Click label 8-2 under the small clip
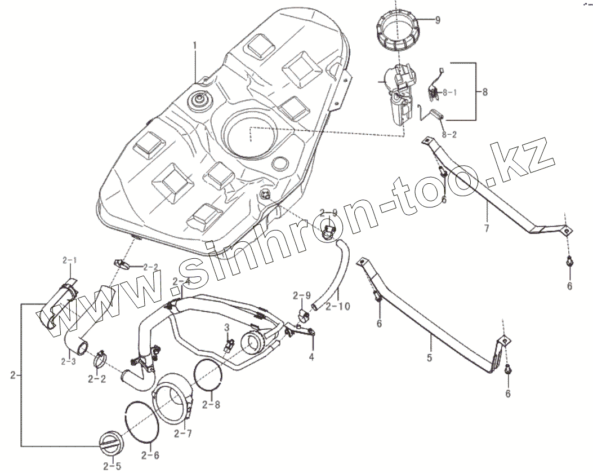click(449, 135)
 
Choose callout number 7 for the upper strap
click(486, 228)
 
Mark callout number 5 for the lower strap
click(429, 357)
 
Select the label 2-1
click(72, 260)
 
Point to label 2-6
click(150, 454)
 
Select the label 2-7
click(183, 434)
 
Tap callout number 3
click(226, 327)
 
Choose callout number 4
click(311, 356)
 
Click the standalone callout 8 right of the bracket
click(487, 91)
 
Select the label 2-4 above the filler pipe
click(183, 281)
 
